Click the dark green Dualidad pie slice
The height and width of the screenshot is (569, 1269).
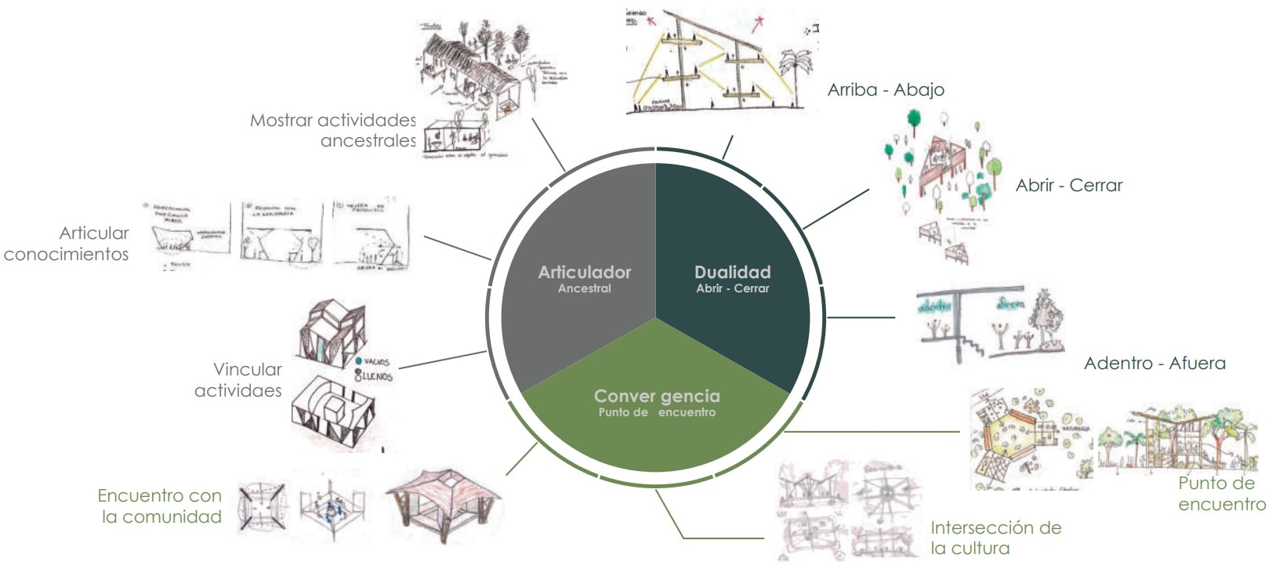click(x=737, y=235)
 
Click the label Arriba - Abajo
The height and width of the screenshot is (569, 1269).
click(x=886, y=90)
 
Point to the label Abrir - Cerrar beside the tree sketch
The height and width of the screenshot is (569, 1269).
click(x=1069, y=186)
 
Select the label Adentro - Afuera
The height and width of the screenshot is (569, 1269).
click(x=1155, y=363)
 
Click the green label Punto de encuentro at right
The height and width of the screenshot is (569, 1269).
click(x=1221, y=494)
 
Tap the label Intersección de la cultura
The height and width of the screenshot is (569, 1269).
click(x=995, y=538)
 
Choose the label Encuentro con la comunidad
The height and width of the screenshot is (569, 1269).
click(x=160, y=506)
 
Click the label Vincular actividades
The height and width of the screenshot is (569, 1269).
click(x=238, y=380)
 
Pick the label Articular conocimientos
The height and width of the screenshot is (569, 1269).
click(x=67, y=244)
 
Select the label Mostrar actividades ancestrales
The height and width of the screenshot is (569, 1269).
click(x=333, y=130)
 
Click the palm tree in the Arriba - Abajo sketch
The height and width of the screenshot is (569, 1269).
click(x=796, y=74)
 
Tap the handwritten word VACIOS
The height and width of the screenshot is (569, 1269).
click(x=376, y=362)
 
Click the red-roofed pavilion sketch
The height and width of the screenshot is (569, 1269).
click(x=443, y=502)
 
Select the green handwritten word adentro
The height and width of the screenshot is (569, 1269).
click(x=934, y=305)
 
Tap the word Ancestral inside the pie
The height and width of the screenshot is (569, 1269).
click(x=585, y=288)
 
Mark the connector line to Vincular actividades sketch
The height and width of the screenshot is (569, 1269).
click(x=443, y=360)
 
